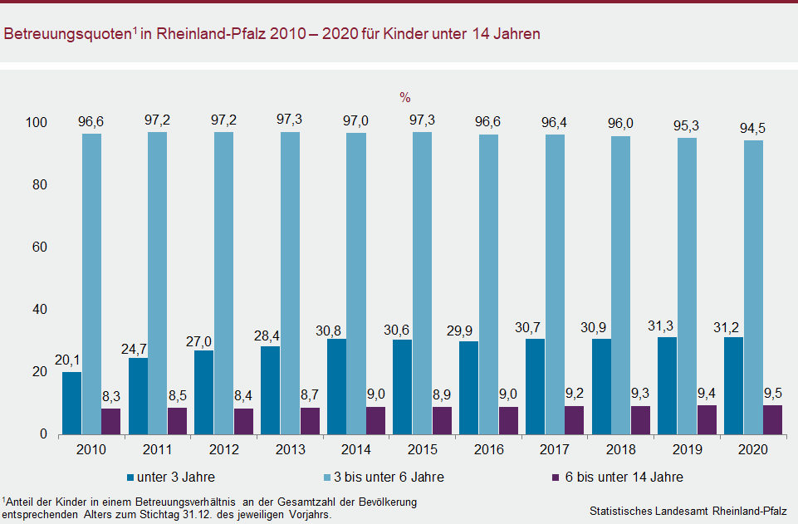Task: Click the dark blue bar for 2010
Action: tap(72, 403)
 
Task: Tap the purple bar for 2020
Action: tap(772, 419)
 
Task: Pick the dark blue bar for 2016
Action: tap(469, 388)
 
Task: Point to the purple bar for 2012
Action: tap(243, 421)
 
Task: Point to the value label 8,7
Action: tap(309, 394)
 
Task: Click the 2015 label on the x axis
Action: tap(422, 449)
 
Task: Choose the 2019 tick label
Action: tap(687, 449)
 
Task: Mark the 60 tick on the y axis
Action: tap(39, 247)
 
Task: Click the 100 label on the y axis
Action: tap(36, 123)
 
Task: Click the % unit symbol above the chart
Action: tap(404, 97)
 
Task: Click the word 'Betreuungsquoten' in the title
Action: tap(66, 35)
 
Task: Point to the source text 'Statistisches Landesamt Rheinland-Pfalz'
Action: tap(688, 510)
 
